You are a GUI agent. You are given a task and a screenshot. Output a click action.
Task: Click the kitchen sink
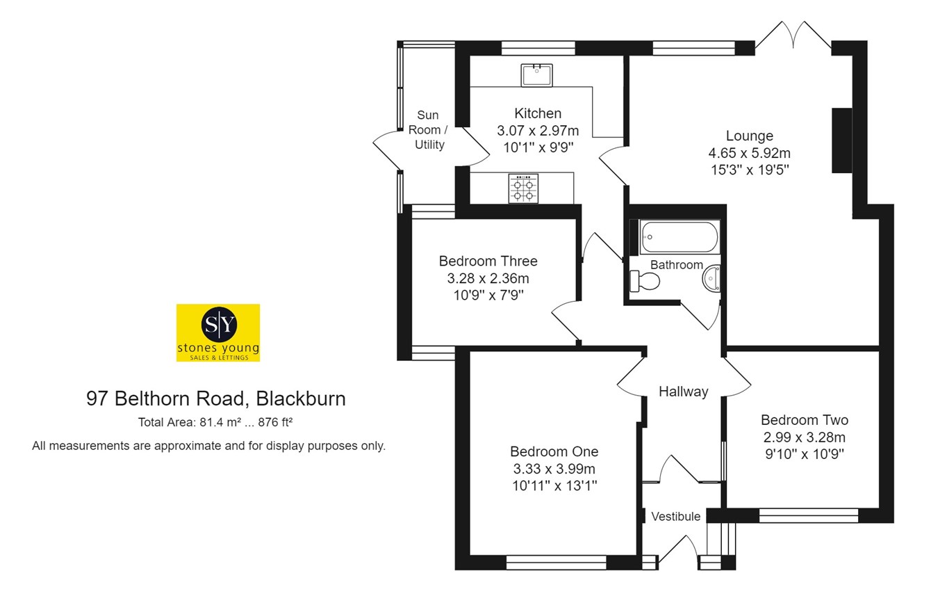click(x=537, y=74)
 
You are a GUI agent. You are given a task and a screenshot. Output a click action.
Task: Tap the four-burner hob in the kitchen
click(x=524, y=188)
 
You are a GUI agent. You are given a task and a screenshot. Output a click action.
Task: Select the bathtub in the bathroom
click(x=679, y=236)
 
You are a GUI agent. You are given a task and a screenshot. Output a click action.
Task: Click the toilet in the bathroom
click(x=645, y=281)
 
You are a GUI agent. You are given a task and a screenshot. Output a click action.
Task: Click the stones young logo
click(x=218, y=332)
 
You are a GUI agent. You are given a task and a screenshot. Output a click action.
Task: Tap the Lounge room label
click(x=750, y=136)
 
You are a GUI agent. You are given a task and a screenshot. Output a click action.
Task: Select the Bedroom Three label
click(x=488, y=261)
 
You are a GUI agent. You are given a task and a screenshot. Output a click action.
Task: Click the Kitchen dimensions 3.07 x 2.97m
click(x=538, y=130)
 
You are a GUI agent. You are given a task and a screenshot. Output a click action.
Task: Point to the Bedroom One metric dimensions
click(x=554, y=468)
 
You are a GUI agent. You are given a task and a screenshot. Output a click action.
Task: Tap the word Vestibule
click(x=675, y=516)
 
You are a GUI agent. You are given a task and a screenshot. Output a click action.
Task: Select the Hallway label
click(x=683, y=392)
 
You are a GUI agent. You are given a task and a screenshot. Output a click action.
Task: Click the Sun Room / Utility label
click(x=429, y=130)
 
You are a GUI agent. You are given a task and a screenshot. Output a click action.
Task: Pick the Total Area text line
click(x=219, y=422)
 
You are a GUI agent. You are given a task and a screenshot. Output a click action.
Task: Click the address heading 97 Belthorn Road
click(x=216, y=398)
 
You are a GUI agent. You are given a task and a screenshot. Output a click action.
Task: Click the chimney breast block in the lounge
click(x=841, y=140)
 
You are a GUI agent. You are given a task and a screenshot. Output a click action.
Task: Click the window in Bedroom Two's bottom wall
click(x=808, y=515)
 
